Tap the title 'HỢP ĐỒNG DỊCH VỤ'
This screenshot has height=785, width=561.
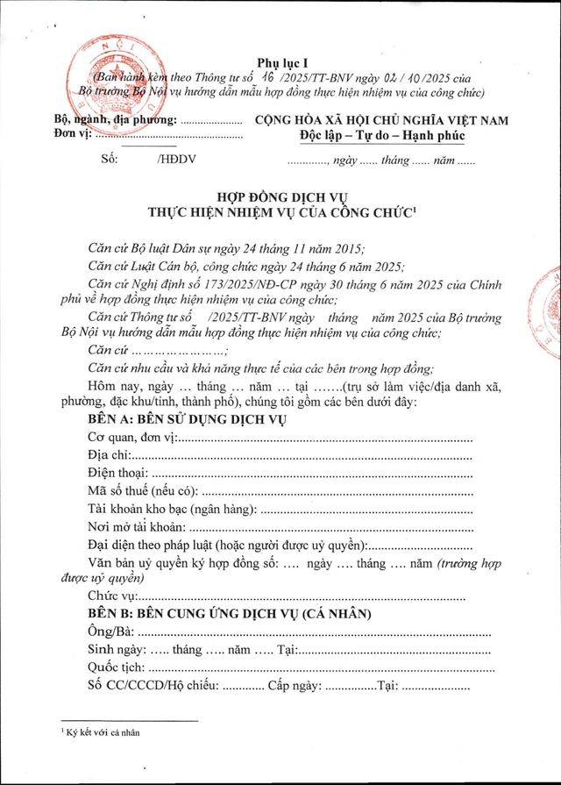tap(280, 196)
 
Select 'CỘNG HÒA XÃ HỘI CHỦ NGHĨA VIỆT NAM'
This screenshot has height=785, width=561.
tap(381, 120)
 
